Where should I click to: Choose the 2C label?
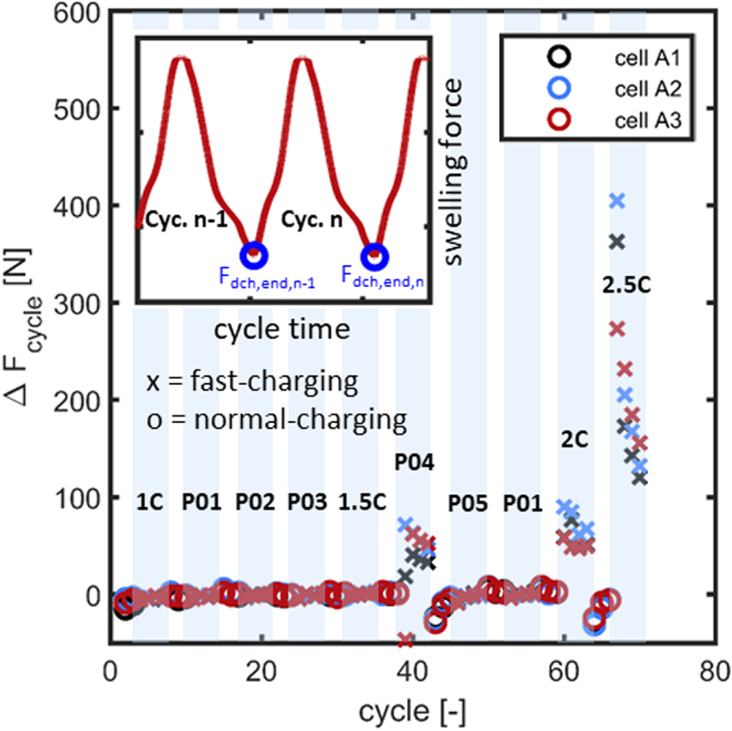coord(575,438)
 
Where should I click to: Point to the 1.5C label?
coord(360,503)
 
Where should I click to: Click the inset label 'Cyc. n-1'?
coord(176,218)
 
